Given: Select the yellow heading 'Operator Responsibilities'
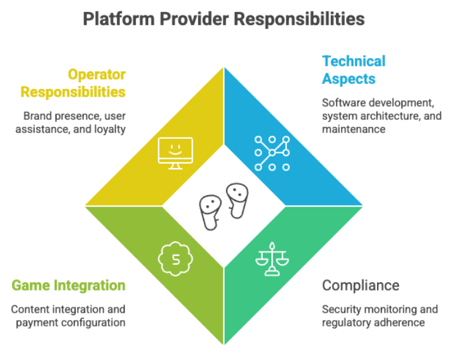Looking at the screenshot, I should pyautogui.click(x=73, y=83).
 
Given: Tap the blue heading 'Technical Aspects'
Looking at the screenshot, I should pyautogui.click(x=354, y=69).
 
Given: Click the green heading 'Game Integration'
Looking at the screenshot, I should pyautogui.click(x=68, y=285).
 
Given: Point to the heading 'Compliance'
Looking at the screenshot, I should pyautogui.click(x=361, y=285).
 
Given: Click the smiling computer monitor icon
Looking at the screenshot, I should pyautogui.click(x=175, y=152).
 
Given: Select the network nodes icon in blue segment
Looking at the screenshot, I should pyautogui.click(x=271, y=153).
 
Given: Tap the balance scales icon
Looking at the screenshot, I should pyautogui.click(x=271, y=258).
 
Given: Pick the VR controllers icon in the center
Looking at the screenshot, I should pyautogui.click(x=224, y=205).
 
